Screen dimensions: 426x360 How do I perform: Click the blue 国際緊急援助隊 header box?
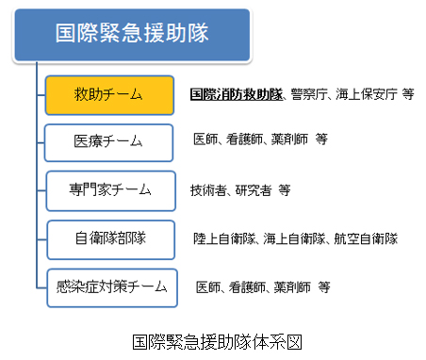click(x=132, y=36)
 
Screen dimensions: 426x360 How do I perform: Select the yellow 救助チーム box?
click(x=110, y=94)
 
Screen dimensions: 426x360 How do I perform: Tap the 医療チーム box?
click(x=110, y=141)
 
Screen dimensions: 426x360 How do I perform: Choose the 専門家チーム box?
click(x=110, y=189)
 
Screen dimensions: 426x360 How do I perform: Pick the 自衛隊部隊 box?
click(x=110, y=237)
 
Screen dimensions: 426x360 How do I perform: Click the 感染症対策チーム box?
click(x=110, y=285)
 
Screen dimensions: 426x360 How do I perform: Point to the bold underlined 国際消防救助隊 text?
click(x=234, y=95)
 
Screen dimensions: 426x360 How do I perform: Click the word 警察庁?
click(x=303, y=95)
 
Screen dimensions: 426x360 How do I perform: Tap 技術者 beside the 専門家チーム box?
click(x=209, y=190)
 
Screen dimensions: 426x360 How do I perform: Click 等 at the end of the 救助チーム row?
click(x=406, y=95)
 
